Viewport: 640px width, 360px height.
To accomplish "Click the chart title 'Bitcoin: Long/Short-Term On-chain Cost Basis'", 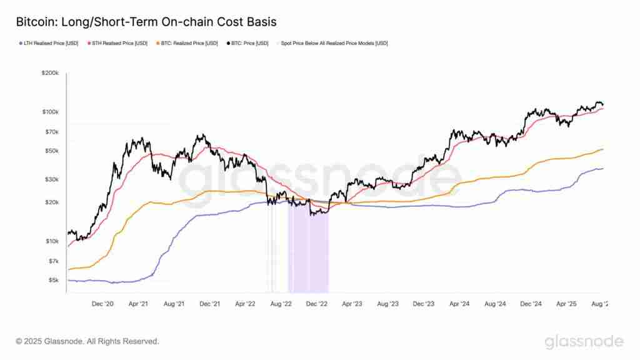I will (x=146, y=22).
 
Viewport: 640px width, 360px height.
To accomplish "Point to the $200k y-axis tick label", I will (x=51, y=73).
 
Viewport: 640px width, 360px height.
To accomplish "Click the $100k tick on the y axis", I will (x=51, y=112).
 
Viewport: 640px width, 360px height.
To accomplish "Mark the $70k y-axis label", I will (x=52, y=132).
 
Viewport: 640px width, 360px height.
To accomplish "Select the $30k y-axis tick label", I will (x=52, y=179).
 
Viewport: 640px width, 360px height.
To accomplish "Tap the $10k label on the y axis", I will (x=52, y=241).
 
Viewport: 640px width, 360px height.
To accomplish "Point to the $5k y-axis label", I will (x=53, y=280).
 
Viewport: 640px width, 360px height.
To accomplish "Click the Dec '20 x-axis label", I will (x=102, y=304).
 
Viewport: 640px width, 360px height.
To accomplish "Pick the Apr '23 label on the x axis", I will (x=352, y=304).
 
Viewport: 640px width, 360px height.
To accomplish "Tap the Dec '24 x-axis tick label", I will (x=531, y=304).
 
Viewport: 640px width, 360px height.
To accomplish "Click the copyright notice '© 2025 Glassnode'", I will (x=87, y=341).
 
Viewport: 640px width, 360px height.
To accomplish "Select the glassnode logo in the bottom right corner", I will (x=584, y=341).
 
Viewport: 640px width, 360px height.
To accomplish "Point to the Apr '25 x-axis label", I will (x=566, y=304).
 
